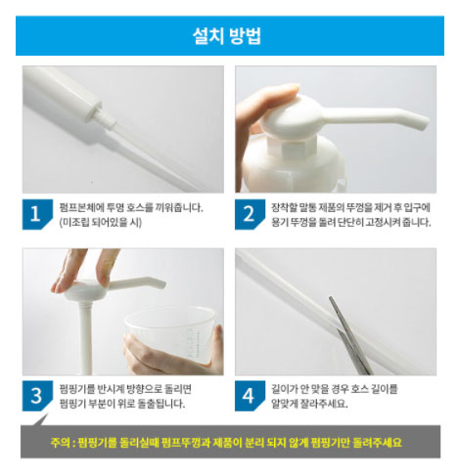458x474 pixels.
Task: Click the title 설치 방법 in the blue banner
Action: [x=227, y=35]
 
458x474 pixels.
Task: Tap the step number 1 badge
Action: [x=37, y=214]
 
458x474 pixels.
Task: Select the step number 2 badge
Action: [x=250, y=214]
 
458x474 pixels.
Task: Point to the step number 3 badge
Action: [x=37, y=396]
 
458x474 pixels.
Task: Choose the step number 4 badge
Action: [x=250, y=396]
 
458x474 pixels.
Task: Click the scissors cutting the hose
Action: [x=350, y=337]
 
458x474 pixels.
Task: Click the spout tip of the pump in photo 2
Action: [x=423, y=123]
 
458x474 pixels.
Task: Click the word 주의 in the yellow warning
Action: [x=60, y=443]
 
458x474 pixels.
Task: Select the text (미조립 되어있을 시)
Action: [x=101, y=223]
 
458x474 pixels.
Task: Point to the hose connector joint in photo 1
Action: [x=105, y=116]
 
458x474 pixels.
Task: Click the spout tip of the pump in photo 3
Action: [x=161, y=284]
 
